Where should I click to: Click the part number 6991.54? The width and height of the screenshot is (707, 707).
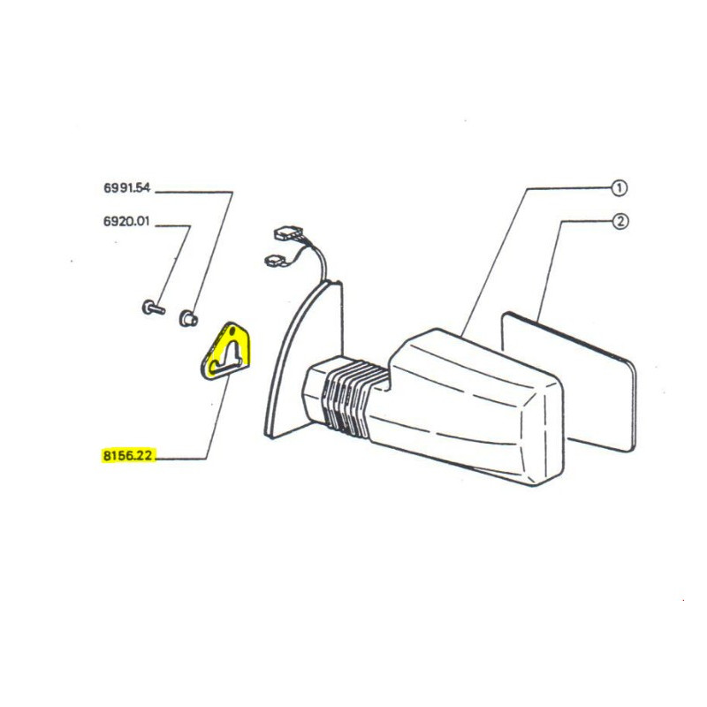point(126,187)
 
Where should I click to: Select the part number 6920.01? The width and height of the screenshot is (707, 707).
point(126,222)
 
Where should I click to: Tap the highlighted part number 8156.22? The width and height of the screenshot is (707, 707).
point(128,455)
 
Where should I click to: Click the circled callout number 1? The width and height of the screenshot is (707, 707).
point(620,187)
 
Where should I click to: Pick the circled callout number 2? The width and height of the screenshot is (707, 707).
point(620,221)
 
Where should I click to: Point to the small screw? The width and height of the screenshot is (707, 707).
point(153,308)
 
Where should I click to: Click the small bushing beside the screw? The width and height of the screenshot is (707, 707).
point(188,318)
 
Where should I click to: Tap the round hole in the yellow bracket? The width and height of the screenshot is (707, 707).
point(232,331)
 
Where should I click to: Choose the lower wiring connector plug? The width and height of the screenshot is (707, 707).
point(275,261)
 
